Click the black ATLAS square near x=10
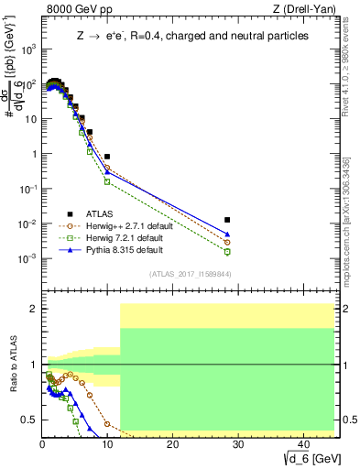107,157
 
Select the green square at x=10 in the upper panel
107,181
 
